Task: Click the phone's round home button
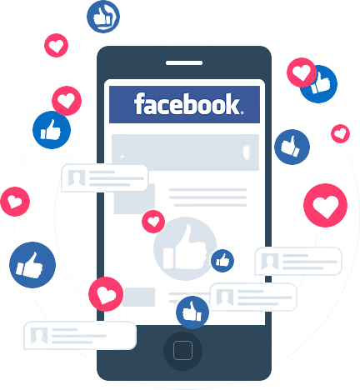(x=182, y=351)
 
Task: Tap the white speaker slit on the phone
(x=184, y=63)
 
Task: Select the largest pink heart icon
(x=325, y=205)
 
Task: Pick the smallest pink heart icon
(x=340, y=133)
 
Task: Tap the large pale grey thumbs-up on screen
(x=185, y=248)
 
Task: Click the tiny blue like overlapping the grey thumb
(x=222, y=261)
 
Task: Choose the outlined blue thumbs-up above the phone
(x=103, y=17)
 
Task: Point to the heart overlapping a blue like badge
(x=302, y=72)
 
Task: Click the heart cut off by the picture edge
(x=15, y=202)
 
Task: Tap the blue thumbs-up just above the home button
(x=192, y=312)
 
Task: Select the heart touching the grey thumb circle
(x=153, y=222)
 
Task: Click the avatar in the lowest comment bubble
(x=39, y=335)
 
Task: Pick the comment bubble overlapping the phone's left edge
(x=105, y=178)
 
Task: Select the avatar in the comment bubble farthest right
(x=270, y=262)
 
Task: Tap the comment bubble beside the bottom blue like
(x=253, y=297)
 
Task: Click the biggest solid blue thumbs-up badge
(x=32, y=265)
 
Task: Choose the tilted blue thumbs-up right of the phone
(x=292, y=147)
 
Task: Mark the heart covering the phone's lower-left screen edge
(x=106, y=294)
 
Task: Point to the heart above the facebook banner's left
(x=56, y=45)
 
